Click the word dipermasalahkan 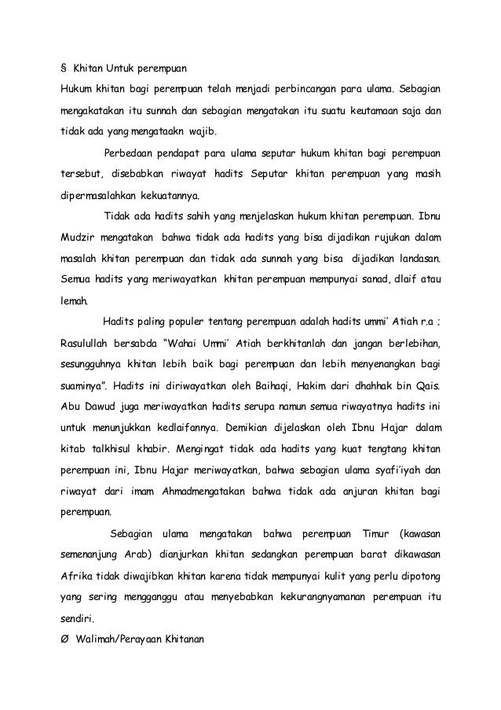click(x=97, y=193)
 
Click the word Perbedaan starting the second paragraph click(x=132, y=151)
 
